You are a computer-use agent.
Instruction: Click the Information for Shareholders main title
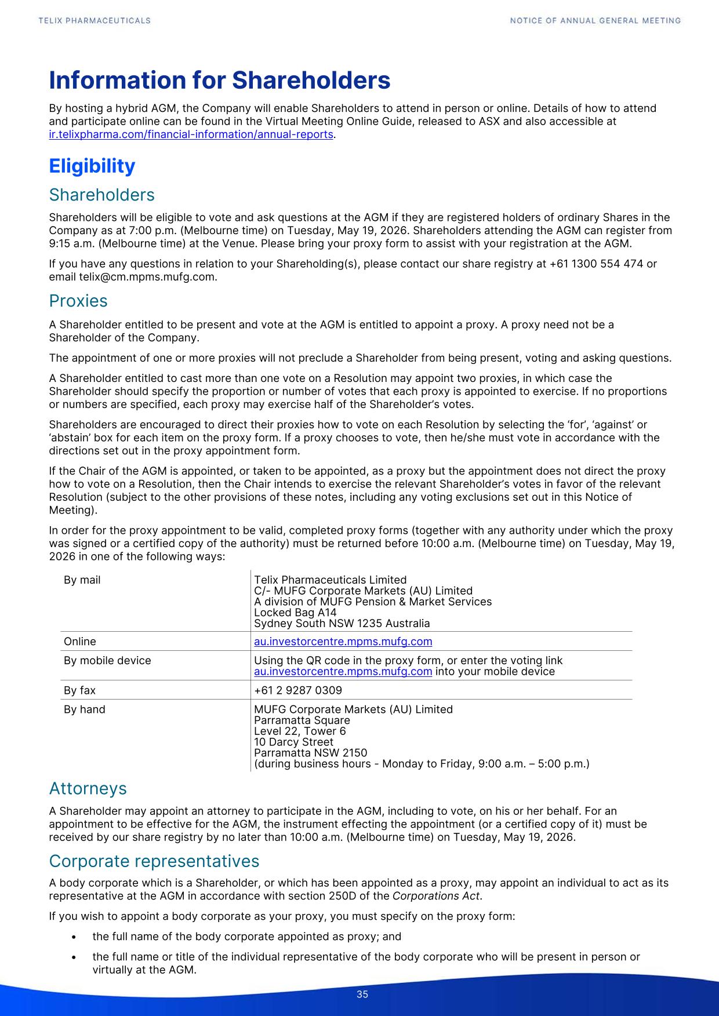point(219,81)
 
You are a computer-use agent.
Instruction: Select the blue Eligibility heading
point(92,166)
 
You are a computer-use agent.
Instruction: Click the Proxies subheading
point(78,301)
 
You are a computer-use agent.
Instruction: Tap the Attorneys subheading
point(88,788)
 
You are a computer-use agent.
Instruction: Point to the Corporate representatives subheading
point(154,861)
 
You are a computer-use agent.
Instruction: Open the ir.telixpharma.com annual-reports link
point(191,134)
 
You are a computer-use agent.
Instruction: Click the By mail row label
point(82,580)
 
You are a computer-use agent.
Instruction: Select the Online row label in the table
point(80,642)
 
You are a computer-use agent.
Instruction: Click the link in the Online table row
point(343,642)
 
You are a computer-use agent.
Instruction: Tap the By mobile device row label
point(107,661)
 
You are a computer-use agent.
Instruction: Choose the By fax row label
point(79,690)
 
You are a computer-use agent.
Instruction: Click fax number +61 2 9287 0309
point(298,690)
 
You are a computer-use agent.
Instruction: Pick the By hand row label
point(85,709)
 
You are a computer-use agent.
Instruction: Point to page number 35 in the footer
point(362,995)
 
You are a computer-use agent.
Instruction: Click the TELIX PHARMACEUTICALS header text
point(95,21)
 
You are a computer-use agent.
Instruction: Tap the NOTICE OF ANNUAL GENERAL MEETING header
point(595,21)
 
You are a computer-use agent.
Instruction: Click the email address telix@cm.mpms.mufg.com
point(148,277)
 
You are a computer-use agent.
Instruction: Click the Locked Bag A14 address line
point(295,613)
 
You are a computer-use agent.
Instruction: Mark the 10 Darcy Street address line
point(293,742)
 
